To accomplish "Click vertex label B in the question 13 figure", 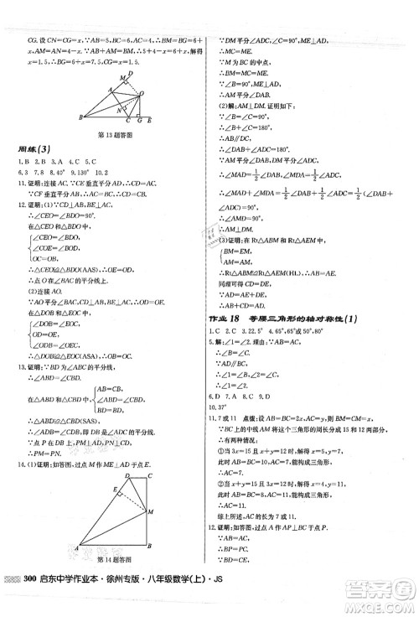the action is tap(77, 118).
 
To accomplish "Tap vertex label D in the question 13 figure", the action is tap(137, 71).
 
